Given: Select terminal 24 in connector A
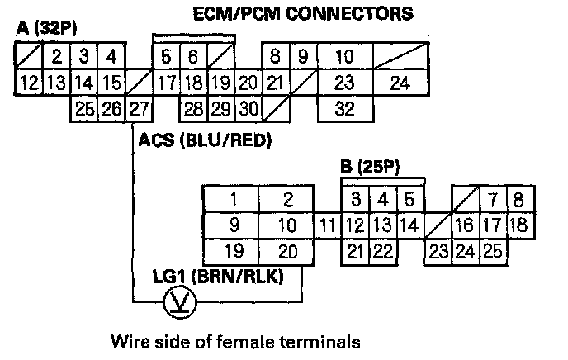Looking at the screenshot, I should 400,83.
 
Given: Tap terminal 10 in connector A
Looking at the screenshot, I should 344,58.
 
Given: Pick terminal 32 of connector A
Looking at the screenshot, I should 344,108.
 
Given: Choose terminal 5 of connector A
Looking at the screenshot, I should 166,58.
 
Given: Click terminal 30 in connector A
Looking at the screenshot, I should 248,108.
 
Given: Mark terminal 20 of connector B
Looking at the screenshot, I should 286,251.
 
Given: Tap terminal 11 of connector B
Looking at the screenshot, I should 328,225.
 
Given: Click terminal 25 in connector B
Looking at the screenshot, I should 493,251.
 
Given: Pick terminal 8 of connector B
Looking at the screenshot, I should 518,199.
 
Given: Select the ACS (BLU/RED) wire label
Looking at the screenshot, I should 206,140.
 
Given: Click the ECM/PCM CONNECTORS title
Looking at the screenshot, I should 302,14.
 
